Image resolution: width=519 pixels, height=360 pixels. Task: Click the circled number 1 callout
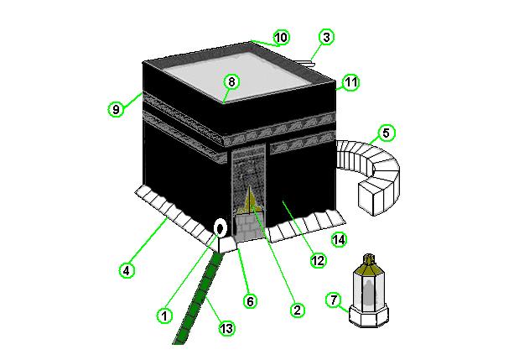tap(164, 316)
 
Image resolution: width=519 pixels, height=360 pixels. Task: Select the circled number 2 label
tap(297, 310)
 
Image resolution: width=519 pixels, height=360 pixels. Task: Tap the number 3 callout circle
tap(326, 37)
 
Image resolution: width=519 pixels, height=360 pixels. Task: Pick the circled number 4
tap(127, 271)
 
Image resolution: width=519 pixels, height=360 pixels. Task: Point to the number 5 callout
tap(386, 133)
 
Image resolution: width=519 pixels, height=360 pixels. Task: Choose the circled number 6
tap(250, 301)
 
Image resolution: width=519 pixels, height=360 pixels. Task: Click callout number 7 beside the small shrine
tap(334, 300)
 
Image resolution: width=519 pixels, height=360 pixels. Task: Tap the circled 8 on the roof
tap(231, 81)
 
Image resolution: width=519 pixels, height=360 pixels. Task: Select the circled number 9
tap(116, 109)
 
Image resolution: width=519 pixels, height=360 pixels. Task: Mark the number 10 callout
tap(282, 37)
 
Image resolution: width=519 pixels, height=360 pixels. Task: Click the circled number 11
tap(351, 82)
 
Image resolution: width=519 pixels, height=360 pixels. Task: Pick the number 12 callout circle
tap(318, 260)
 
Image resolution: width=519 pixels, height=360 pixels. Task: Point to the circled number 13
tap(226, 329)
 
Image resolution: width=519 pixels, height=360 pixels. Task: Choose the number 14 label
tap(340, 240)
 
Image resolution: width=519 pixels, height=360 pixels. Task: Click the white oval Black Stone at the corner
tap(220, 228)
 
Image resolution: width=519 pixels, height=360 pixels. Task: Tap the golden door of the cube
tap(250, 200)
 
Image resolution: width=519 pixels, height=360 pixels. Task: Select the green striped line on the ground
tap(198, 298)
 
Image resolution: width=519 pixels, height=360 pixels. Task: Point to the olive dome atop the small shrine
tap(369, 263)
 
